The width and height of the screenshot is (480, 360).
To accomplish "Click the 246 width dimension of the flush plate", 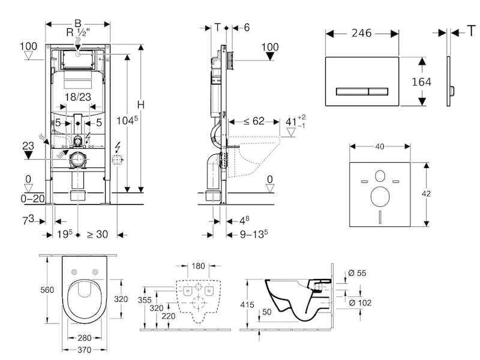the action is pos(362,33).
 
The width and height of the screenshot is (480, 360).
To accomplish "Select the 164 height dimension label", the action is pos(422,82).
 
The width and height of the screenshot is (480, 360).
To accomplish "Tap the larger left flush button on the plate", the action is pos(352,91).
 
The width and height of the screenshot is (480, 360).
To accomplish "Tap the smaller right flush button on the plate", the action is pos(379,91).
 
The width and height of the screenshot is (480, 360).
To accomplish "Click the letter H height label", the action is pos(140,104).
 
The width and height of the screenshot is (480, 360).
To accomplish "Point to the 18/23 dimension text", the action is pos(78,97).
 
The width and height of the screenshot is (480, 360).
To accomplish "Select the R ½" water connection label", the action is pos(78,32).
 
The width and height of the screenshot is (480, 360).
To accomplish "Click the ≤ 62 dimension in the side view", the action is pos(254,121).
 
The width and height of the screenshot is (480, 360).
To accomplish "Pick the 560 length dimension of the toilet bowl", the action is pos(47,290).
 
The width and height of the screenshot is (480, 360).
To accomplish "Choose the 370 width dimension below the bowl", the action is pos(84,350).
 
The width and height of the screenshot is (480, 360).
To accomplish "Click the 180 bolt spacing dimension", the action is pos(198,266).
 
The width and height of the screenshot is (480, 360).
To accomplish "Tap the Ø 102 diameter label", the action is pos(360,303).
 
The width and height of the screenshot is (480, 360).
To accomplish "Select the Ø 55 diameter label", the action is pos(357,273).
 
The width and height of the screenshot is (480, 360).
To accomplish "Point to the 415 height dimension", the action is pos(247,305).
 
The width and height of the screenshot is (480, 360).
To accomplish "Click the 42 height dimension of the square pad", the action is pos(426,193).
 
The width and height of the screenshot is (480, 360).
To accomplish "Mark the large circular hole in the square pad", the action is pos(380,196).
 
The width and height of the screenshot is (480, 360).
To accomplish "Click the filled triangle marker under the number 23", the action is pos(28,155).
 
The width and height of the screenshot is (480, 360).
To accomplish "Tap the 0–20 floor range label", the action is pos(33,199).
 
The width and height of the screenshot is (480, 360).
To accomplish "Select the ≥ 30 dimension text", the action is pos(97,235).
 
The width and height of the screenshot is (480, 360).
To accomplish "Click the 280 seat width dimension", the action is pos(84,338).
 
